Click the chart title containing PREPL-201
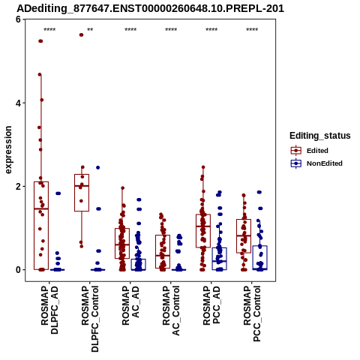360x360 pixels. (151, 8)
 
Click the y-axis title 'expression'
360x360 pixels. (8, 150)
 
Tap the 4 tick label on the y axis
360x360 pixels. (18, 103)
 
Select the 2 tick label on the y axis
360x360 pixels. (18, 186)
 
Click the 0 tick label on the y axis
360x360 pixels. (18, 270)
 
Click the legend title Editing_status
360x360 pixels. (320, 136)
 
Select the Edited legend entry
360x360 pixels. (310, 151)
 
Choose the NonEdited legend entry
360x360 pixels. (316, 163)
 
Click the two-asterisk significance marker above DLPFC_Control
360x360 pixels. (90, 30)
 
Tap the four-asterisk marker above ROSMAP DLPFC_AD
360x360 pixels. (49, 30)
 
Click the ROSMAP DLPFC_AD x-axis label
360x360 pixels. (49, 310)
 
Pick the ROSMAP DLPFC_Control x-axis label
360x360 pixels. (90, 319)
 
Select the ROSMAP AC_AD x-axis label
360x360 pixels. (130, 305)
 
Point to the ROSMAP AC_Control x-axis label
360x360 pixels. (171, 310)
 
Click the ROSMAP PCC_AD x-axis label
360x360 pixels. (211, 305)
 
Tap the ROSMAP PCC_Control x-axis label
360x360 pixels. (252, 313)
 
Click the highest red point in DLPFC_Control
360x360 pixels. (81, 35)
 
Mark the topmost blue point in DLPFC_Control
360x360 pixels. (98, 167)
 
